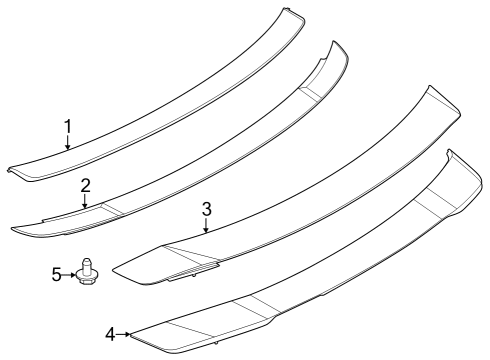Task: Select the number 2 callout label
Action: [x=86, y=184]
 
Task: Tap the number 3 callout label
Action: [x=206, y=209]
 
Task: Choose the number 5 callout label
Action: [x=57, y=271]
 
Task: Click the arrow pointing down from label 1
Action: [x=68, y=143]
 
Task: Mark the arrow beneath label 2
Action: [x=86, y=201]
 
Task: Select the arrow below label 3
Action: [x=206, y=226]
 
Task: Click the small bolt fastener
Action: [x=88, y=272]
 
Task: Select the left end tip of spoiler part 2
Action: [x=15, y=230]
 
